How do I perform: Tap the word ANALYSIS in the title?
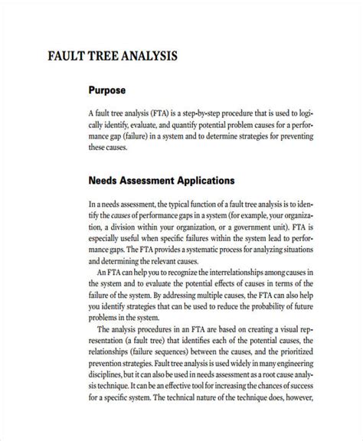[149, 57]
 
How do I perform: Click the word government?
[253, 227]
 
